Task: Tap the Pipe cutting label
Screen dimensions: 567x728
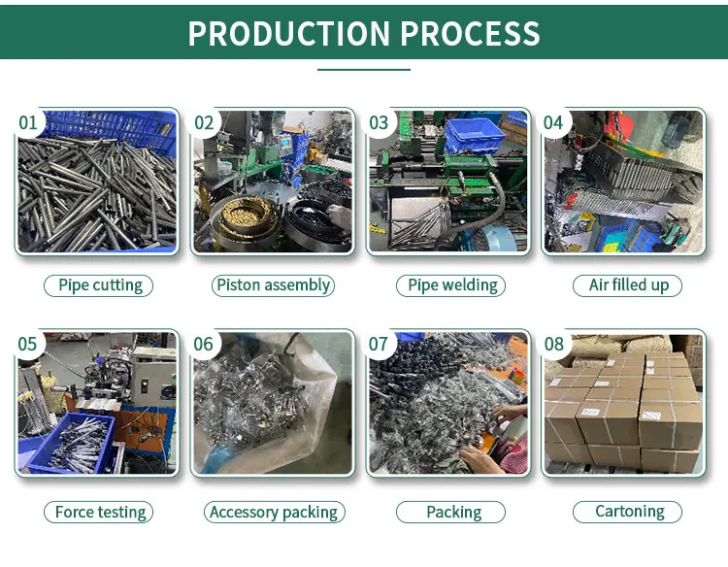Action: pyautogui.click(x=100, y=285)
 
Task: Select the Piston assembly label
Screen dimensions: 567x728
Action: pyautogui.click(x=274, y=285)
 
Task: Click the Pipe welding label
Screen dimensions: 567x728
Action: pyautogui.click(x=452, y=285)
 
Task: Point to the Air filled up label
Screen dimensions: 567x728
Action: pyautogui.click(x=628, y=285)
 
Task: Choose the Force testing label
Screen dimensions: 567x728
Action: pyautogui.click(x=100, y=512)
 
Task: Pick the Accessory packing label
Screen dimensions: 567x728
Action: pyautogui.click(x=274, y=512)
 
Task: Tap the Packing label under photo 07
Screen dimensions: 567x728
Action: pyautogui.click(x=452, y=512)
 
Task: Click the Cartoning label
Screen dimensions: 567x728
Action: pyautogui.click(x=628, y=512)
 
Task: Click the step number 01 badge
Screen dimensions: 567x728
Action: pyautogui.click(x=28, y=122)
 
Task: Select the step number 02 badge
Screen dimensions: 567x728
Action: pyautogui.click(x=204, y=122)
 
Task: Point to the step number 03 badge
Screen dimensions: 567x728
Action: pyautogui.click(x=379, y=122)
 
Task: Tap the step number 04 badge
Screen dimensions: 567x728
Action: pyautogui.click(x=553, y=122)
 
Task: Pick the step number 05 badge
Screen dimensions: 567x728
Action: pyautogui.click(x=28, y=345)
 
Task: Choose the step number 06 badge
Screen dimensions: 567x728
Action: pyautogui.click(x=204, y=345)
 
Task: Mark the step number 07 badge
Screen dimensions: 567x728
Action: pyautogui.click(x=379, y=345)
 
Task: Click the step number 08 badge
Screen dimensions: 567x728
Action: pyautogui.click(x=553, y=345)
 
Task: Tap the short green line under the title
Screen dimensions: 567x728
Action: pyautogui.click(x=364, y=70)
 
